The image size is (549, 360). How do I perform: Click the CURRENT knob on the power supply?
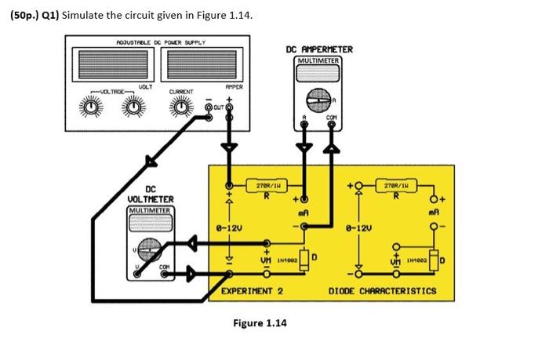point(183,107)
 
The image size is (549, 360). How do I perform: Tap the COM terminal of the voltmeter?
point(164,275)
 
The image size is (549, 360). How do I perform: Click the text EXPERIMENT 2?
point(252,291)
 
